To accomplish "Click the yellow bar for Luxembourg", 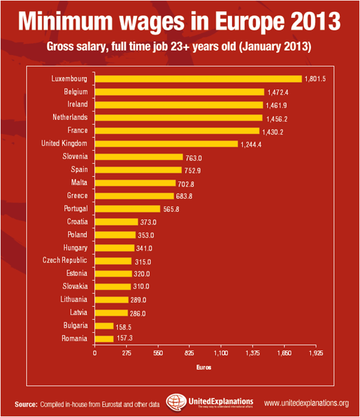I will click(x=198, y=79).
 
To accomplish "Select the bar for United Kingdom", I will click(x=166, y=144).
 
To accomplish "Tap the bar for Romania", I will click(x=104, y=338).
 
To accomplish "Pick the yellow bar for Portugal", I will click(x=127, y=208).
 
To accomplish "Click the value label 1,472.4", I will click(x=279, y=92).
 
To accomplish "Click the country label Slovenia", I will click(x=75, y=157).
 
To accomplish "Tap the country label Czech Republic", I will click(x=65, y=260).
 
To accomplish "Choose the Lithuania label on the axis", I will click(x=74, y=300).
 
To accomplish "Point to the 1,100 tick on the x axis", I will click(x=221, y=353).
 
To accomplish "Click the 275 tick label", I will click(x=126, y=353).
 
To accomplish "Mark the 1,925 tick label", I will click(x=315, y=353).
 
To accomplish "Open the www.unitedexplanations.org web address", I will click(x=306, y=404).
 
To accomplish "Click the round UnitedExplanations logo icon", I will click(x=176, y=402).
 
